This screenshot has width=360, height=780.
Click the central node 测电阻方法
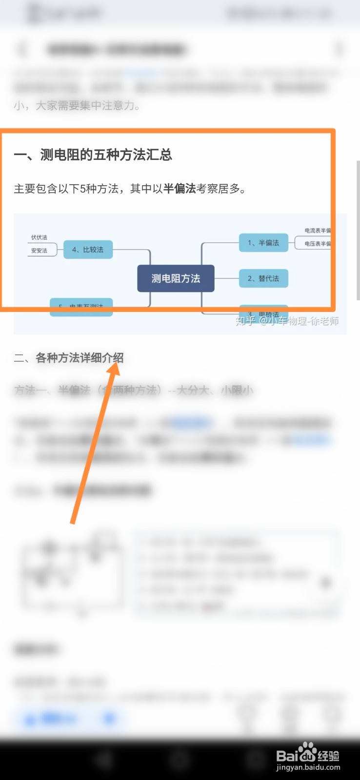[176, 278]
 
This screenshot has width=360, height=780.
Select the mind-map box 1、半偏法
[263, 243]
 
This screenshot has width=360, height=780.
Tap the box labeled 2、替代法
[263, 278]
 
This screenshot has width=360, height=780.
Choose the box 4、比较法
[88, 250]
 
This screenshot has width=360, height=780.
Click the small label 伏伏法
[39, 237]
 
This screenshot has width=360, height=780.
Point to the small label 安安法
[39, 251]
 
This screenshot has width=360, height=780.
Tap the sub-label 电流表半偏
[317, 231]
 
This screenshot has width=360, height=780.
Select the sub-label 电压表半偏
[317, 244]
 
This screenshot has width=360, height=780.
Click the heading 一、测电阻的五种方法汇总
[93, 155]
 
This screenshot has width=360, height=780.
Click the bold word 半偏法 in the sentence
[180, 189]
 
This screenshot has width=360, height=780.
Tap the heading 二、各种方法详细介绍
[69, 358]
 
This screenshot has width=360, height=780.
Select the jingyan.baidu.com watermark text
[308, 768]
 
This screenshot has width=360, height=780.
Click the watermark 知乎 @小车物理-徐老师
[287, 321]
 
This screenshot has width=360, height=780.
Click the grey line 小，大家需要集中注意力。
[77, 106]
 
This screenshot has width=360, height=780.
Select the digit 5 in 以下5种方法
[83, 189]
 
